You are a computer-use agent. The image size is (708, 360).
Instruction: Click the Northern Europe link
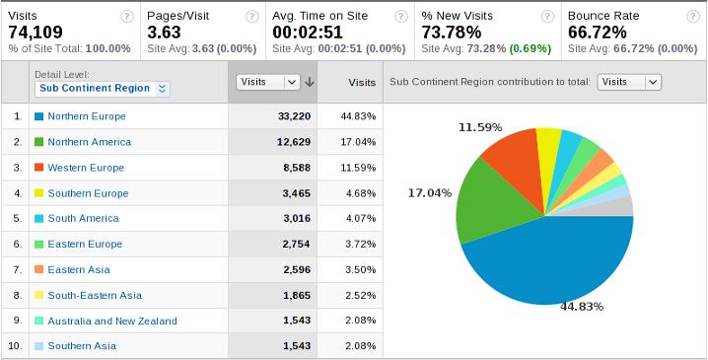click(x=87, y=115)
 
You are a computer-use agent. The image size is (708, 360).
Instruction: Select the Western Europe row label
click(x=86, y=167)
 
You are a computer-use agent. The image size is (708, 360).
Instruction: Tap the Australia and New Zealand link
click(x=111, y=321)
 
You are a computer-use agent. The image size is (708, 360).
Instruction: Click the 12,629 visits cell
click(x=294, y=141)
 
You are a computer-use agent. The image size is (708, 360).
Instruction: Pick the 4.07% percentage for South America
click(x=358, y=218)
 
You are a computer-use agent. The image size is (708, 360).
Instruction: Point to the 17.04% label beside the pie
click(x=430, y=193)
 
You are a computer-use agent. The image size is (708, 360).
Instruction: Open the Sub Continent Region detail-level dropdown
click(x=103, y=88)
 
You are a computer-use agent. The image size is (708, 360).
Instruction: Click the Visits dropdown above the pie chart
click(x=629, y=82)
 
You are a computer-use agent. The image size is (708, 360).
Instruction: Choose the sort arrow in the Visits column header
click(x=310, y=83)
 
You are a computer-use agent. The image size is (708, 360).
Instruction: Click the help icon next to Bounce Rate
click(x=693, y=16)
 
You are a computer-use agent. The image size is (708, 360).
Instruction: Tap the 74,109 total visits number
click(x=37, y=32)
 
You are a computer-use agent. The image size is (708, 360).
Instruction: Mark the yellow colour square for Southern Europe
click(x=39, y=192)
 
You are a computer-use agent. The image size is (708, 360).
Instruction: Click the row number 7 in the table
click(x=17, y=269)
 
